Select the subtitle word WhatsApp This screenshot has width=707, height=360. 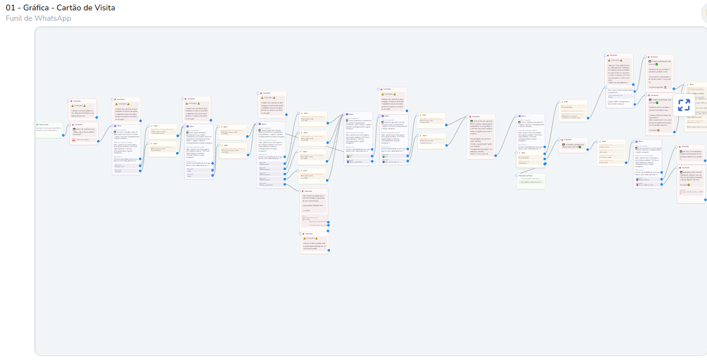[53, 18]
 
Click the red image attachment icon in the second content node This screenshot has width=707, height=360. [73, 140]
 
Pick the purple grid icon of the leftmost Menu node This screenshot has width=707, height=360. [115, 126]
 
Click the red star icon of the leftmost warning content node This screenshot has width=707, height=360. [71, 101]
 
